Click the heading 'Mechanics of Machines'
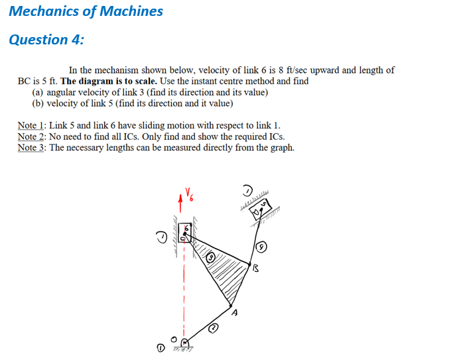point(86,11)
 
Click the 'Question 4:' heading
point(46,40)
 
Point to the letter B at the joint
point(255,269)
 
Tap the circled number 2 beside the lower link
point(214,328)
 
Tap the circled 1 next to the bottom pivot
point(159,347)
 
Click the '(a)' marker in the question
point(38,92)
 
